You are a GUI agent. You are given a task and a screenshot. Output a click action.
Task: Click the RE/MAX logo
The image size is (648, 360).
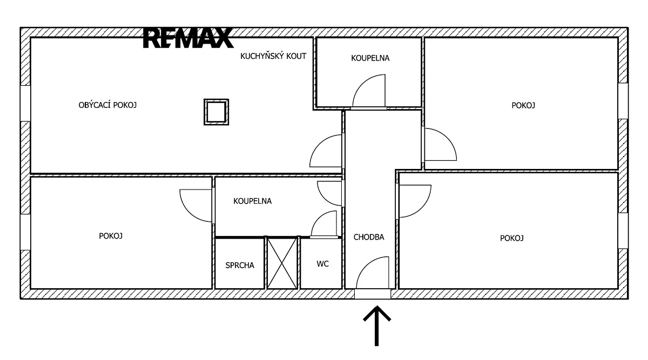click(x=188, y=38)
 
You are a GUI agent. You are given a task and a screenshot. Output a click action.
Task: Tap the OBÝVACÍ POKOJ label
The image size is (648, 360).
click(x=107, y=105)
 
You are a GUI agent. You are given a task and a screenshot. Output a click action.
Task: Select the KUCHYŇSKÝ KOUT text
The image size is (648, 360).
click(x=273, y=56)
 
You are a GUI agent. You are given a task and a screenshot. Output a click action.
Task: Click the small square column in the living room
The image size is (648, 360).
click(x=216, y=112)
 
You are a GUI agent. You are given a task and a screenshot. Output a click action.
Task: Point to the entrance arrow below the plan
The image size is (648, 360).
click(x=377, y=325)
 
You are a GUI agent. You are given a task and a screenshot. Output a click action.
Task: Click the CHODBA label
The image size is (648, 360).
click(x=369, y=237)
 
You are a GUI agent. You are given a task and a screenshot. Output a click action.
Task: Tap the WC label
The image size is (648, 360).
click(x=322, y=264)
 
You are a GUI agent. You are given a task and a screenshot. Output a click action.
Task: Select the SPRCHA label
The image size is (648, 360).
click(x=240, y=265)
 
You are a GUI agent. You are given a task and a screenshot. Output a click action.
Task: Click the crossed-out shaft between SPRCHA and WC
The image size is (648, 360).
click(x=282, y=263)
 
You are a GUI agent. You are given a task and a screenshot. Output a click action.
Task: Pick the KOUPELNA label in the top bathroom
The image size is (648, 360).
click(x=370, y=58)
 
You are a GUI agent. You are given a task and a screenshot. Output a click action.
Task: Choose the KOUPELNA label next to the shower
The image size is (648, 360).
click(x=253, y=201)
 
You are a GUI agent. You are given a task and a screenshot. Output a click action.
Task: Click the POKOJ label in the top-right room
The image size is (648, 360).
click(x=523, y=105)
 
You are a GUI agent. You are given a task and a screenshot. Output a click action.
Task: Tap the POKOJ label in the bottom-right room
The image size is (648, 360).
click(x=512, y=238)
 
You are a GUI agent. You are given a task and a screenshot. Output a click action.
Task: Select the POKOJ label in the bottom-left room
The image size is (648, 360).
click(x=111, y=236)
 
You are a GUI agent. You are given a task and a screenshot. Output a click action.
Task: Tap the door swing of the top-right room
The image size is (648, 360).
click(x=447, y=137)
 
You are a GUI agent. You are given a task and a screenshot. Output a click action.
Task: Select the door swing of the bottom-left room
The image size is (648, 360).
click(x=189, y=212)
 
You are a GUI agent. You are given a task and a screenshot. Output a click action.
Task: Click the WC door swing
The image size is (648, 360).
click(x=318, y=218)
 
